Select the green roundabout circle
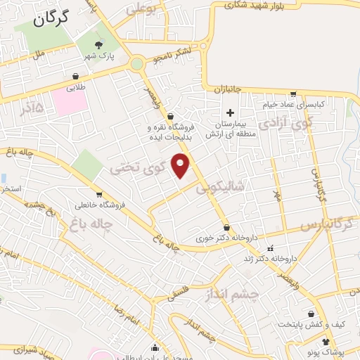(136, 64)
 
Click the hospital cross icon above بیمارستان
(229, 112)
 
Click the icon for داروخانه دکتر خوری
(226, 228)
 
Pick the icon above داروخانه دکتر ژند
(270, 248)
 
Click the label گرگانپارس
(326, 224)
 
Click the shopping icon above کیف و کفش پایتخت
(311, 314)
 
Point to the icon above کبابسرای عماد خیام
(292, 94)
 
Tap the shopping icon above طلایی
(75, 77)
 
